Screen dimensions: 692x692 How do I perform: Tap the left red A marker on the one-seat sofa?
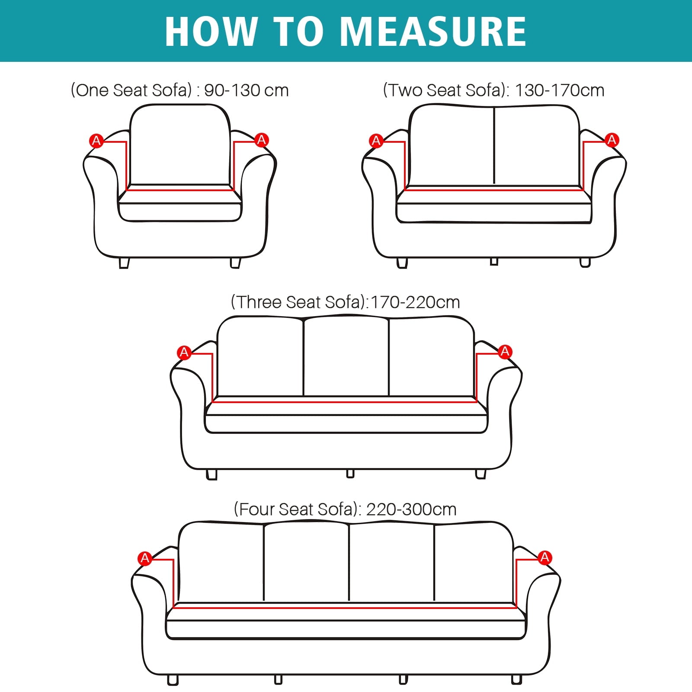(96, 141)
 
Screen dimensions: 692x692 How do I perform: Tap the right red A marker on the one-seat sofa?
(261, 140)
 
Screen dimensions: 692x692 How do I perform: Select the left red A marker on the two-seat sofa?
(376, 141)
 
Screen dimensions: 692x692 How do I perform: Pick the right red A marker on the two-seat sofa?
(612, 140)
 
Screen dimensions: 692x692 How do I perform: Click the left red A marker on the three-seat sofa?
(184, 352)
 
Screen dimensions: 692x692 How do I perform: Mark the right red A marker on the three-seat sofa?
(505, 352)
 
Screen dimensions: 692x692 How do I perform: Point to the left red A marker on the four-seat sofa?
(144, 558)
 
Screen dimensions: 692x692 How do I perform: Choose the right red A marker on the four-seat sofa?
(545, 557)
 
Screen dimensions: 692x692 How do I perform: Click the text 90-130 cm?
(246, 90)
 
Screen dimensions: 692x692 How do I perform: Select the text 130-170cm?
(560, 90)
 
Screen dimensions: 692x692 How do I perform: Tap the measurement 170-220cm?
(415, 302)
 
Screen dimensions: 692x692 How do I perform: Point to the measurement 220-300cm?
(411, 509)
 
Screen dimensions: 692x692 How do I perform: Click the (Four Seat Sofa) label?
(297, 509)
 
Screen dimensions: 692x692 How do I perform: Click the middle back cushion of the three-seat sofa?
(346, 357)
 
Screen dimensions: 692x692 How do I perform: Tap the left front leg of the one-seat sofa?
(124, 263)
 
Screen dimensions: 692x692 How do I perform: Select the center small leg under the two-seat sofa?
(494, 261)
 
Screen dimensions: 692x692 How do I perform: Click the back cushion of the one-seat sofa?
(179, 145)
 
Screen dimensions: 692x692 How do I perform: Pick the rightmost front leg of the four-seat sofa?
(516, 679)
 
